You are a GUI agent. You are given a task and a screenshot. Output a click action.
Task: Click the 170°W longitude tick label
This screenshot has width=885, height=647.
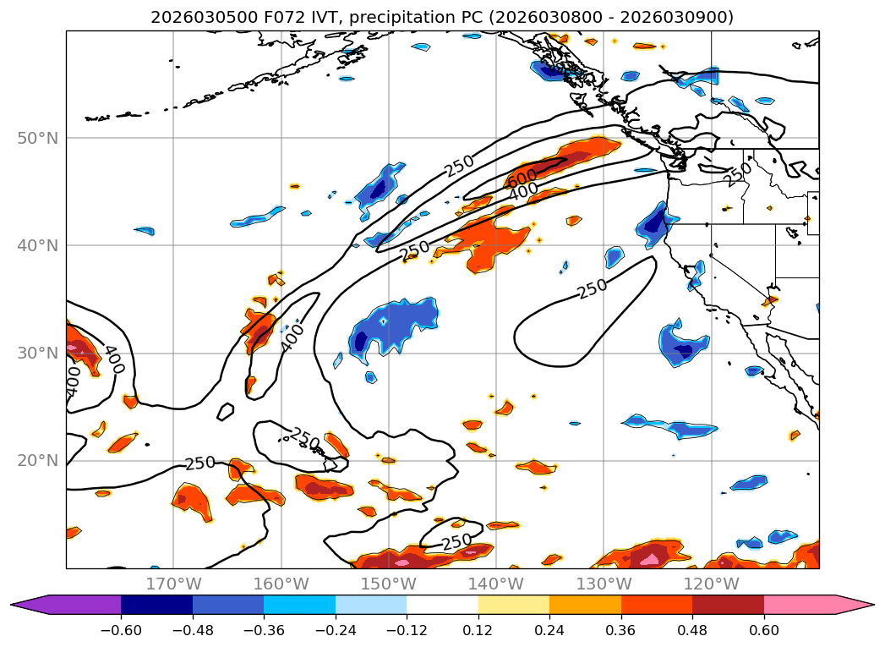[173, 584]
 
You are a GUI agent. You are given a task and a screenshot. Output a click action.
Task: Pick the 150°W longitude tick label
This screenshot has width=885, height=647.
[388, 584]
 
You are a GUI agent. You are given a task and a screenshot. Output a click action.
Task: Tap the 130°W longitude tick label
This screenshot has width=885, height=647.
[604, 584]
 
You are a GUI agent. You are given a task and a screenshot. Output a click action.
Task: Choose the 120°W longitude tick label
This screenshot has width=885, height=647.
[711, 584]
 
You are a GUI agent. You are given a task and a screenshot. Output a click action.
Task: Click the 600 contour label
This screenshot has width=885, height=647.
[522, 178]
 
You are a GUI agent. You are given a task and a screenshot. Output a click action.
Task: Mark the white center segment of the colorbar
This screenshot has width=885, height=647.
[442, 605]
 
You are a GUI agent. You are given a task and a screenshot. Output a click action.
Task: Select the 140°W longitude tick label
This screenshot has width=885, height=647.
[496, 584]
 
